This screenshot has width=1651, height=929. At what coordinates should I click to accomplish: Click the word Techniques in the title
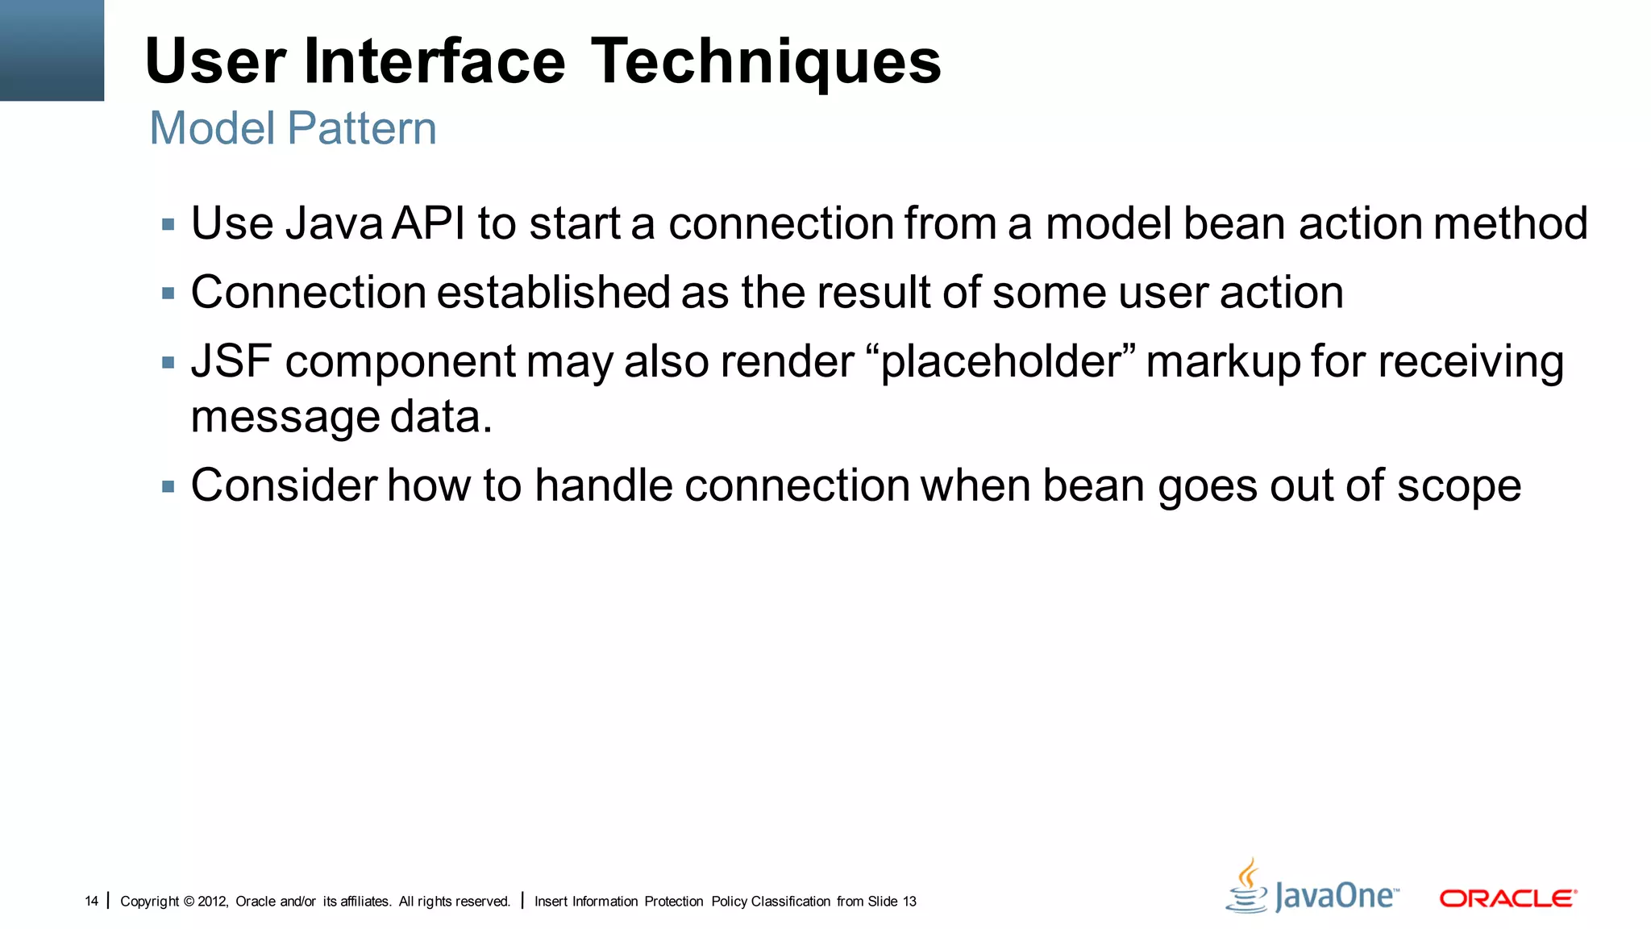tap(766, 63)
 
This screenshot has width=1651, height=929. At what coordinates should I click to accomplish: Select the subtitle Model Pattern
tap(293, 129)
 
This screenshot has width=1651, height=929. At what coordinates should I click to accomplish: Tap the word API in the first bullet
tap(429, 223)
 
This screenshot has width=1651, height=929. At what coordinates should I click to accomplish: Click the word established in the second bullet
tap(552, 292)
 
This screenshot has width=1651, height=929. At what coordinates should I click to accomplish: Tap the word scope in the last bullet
tap(1458, 486)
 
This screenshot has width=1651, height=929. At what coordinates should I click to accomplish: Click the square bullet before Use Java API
tap(168, 224)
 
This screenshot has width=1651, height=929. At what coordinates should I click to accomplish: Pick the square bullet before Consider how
tap(168, 487)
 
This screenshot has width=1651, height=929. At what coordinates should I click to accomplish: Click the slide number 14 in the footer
tap(91, 901)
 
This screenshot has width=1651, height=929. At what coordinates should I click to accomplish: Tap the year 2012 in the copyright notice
tap(212, 901)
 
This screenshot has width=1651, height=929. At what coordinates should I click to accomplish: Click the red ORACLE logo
tap(1508, 898)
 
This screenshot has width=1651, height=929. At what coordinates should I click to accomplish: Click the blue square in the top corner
tap(52, 50)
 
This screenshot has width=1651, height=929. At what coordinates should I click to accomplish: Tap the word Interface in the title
tap(435, 63)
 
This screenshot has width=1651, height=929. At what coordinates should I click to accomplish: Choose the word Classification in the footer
tap(790, 901)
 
